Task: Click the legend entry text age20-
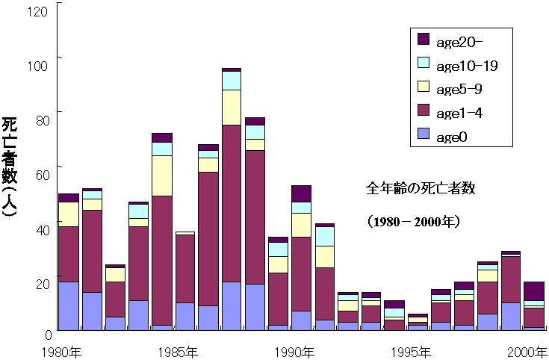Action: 459,43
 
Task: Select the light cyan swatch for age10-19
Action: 424,62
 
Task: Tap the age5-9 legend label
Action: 459,90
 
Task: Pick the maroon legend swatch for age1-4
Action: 424,110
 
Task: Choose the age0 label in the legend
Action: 452,137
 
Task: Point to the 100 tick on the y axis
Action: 37,66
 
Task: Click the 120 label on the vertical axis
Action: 37,11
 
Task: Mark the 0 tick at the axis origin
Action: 49,335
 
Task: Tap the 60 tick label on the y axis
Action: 43,174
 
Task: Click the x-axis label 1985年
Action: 178,353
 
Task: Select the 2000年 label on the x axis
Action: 527,353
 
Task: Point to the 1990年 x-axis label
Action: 294,353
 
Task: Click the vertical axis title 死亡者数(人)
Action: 10,167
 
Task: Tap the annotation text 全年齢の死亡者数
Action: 421,188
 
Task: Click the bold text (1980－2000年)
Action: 413,222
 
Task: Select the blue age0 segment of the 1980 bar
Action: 69,305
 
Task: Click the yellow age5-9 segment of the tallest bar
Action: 232,108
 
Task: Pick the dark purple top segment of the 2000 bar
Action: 534,291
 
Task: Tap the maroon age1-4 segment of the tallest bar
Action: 232,203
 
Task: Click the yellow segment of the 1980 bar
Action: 69,214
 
